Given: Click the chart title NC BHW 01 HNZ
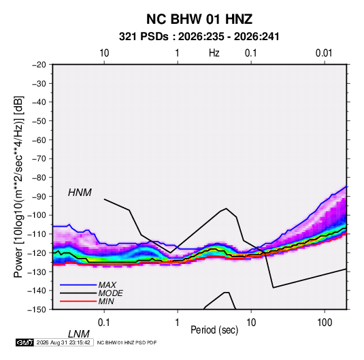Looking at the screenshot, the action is click(x=199, y=19).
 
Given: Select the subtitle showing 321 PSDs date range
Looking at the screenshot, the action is click(x=199, y=37).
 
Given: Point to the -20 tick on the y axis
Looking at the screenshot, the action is click(x=39, y=65).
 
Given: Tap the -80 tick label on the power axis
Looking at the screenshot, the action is click(x=39, y=178).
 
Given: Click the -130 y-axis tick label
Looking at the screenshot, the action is click(x=37, y=272).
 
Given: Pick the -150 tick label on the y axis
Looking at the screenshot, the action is click(x=37, y=310).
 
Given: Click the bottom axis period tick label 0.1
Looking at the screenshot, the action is click(x=104, y=323).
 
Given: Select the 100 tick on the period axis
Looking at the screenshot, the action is click(x=325, y=323).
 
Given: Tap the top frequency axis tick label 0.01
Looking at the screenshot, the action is click(x=324, y=53).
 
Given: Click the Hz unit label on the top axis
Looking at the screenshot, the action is click(x=214, y=53).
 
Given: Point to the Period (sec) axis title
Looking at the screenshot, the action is click(x=214, y=330).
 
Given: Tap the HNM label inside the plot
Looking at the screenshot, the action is click(x=80, y=193).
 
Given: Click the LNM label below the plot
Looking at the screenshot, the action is click(x=79, y=334).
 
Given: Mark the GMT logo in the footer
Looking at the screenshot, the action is click(x=25, y=342).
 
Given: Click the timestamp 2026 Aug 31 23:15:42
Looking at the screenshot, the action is click(x=63, y=342).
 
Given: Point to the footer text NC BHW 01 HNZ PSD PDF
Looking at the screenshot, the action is click(x=127, y=342).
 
